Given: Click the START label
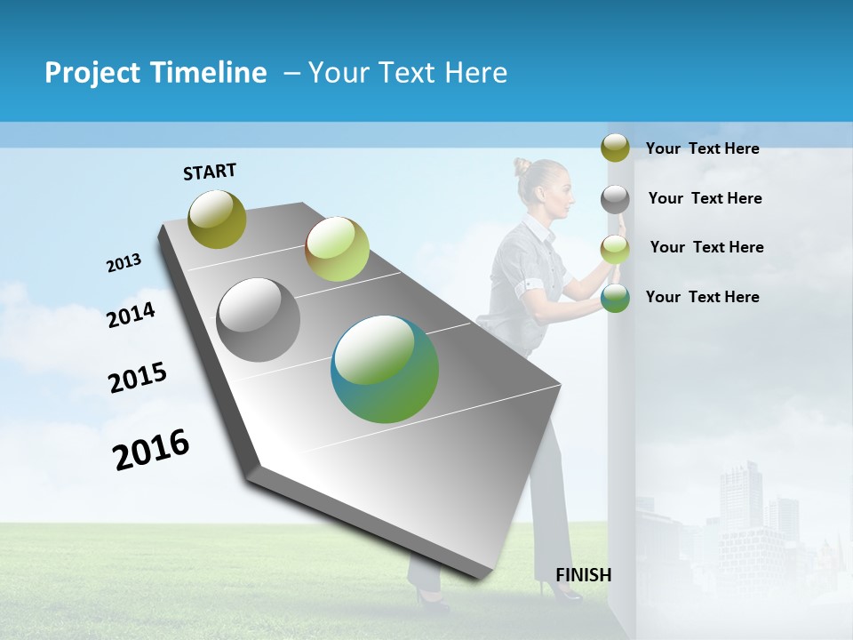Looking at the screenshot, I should (x=210, y=172).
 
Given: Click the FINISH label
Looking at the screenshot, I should (x=584, y=575).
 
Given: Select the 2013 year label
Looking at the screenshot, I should (x=124, y=263).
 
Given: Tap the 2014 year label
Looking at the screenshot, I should (x=132, y=315).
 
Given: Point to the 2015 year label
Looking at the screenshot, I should (x=138, y=378).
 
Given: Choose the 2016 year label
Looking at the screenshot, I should (x=151, y=449).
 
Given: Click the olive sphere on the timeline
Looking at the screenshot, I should (x=218, y=219).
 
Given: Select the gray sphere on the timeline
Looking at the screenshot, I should (x=259, y=320).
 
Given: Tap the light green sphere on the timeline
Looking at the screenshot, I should (x=337, y=249).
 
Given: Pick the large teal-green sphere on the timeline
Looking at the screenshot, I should (x=385, y=369).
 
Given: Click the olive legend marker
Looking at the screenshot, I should (x=615, y=148).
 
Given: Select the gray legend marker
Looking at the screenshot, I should (x=615, y=199).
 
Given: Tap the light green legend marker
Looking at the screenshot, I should (x=615, y=249).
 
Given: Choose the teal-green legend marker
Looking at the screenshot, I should (x=615, y=298).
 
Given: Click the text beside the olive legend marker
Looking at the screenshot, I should (x=702, y=148).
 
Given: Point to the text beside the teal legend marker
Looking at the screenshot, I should (x=702, y=297).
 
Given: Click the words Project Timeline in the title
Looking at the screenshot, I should (x=155, y=73).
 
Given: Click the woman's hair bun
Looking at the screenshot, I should (x=522, y=166).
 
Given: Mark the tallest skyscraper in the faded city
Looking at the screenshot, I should (x=740, y=498).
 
